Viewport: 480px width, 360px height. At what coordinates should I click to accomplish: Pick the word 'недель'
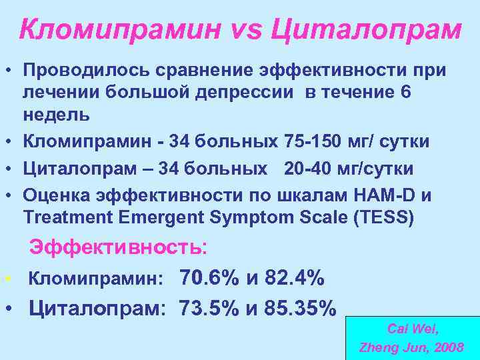56,114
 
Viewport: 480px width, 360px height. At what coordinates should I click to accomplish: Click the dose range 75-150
305,141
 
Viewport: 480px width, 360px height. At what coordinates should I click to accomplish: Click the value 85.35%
299,308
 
